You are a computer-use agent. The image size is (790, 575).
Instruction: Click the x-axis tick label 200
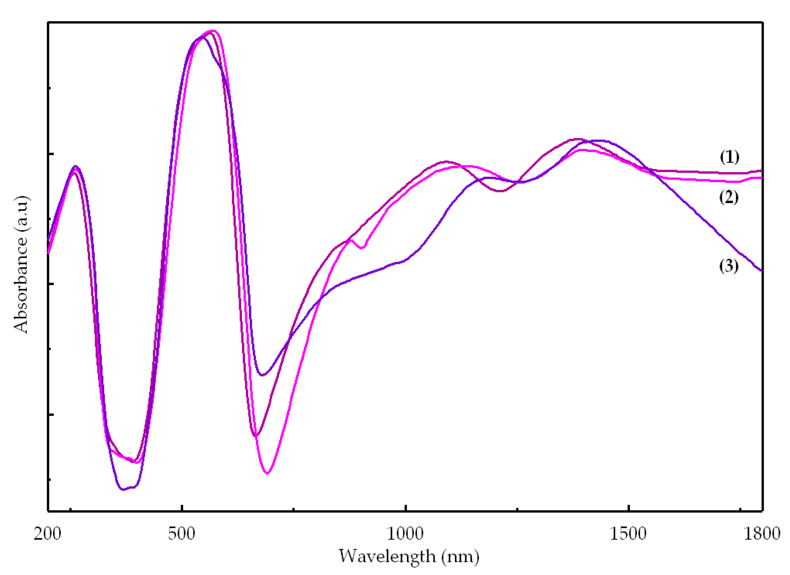pyautogui.click(x=47, y=534)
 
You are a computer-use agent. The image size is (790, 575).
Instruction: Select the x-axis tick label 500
pyautogui.click(x=182, y=534)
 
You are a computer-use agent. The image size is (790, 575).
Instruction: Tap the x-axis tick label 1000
pyautogui.click(x=405, y=534)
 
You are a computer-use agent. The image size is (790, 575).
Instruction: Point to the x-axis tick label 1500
pyautogui.click(x=628, y=534)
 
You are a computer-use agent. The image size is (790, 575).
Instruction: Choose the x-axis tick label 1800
pyautogui.click(x=762, y=534)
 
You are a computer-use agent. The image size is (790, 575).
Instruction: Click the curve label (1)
pyautogui.click(x=729, y=157)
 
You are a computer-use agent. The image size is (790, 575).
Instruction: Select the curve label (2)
pyautogui.click(x=729, y=197)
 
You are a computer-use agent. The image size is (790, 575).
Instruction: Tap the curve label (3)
pyautogui.click(x=729, y=266)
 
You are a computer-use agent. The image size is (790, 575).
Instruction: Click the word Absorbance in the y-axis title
pyautogui.click(x=21, y=285)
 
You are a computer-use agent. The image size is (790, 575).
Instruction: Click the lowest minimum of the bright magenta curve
pyautogui.click(x=267, y=473)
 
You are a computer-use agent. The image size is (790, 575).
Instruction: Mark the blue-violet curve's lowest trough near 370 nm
pyautogui.click(x=124, y=489)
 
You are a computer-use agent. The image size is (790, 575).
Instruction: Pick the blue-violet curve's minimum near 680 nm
pyautogui.click(x=262, y=375)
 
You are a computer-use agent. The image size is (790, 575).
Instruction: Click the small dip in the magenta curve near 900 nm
pyautogui.click(x=361, y=248)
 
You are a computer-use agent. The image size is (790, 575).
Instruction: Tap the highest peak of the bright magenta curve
pyautogui.click(x=212, y=31)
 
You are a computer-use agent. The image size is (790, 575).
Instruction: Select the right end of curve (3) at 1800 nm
pyautogui.click(x=761, y=270)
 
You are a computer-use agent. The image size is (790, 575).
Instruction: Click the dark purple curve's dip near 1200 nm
pyautogui.click(x=500, y=191)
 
